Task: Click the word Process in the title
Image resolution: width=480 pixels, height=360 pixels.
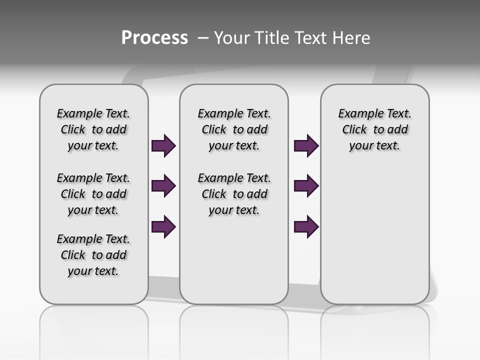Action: click(x=154, y=38)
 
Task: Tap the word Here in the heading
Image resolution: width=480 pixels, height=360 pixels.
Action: click(x=351, y=38)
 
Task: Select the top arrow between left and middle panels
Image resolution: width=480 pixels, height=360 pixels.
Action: click(x=163, y=146)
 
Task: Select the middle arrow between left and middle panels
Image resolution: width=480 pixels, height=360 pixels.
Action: click(x=163, y=186)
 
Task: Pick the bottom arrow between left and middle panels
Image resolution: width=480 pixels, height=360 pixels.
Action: click(x=163, y=227)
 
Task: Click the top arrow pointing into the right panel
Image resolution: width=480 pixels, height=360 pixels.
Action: click(x=306, y=146)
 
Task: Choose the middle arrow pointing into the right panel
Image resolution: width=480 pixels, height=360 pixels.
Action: click(x=306, y=186)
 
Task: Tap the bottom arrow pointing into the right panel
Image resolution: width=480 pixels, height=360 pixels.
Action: click(x=306, y=227)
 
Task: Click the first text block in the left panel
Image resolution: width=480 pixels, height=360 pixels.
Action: click(x=93, y=129)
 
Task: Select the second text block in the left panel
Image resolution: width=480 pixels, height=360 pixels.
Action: click(x=93, y=194)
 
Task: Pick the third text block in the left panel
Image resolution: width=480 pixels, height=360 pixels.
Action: click(x=93, y=255)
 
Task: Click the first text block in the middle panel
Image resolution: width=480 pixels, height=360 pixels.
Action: click(x=234, y=129)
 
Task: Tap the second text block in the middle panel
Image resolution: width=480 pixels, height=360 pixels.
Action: click(x=234, y=194)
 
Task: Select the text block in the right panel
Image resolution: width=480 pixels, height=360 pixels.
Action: click(x=374, y=129)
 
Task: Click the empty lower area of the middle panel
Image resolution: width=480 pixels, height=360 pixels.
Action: click(x=234, y=265)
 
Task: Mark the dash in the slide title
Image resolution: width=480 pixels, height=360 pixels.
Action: click(x=203, y=38)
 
